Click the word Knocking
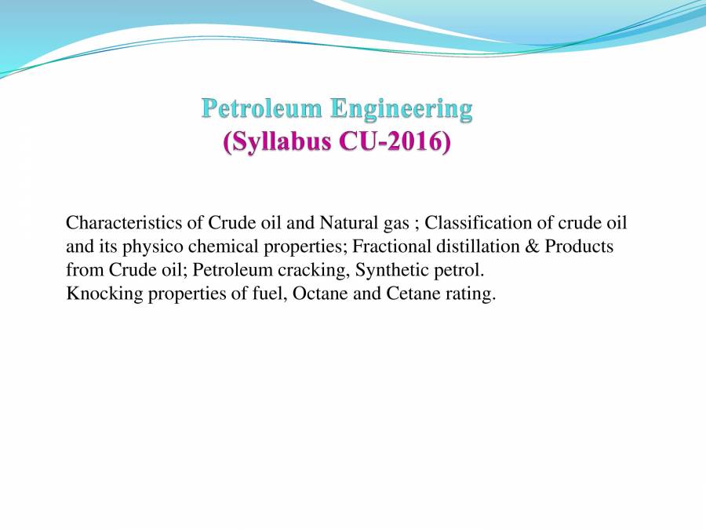tap(98, 296)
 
